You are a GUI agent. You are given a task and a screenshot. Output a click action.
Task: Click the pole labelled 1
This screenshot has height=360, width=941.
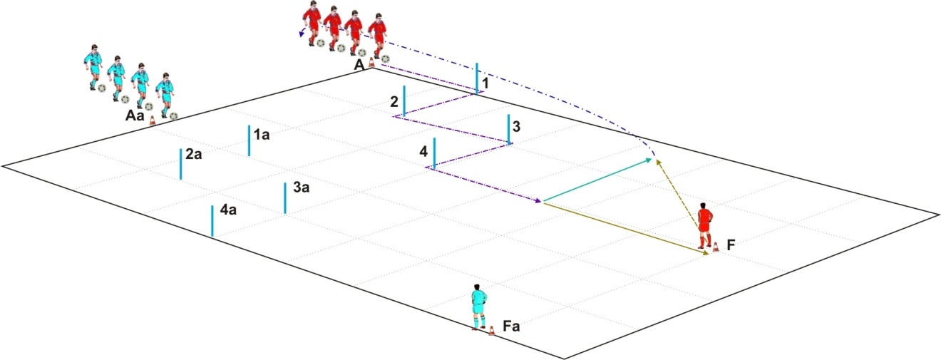477,78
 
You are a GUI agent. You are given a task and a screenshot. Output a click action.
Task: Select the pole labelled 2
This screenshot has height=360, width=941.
404,101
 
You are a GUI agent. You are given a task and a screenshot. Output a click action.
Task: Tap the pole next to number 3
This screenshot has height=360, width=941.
509,129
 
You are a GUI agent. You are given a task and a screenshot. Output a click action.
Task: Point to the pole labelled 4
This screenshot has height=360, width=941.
434,153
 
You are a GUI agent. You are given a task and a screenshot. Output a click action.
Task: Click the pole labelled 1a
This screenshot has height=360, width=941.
249,140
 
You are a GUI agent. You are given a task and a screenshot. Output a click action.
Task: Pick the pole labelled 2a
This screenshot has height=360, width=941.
181,164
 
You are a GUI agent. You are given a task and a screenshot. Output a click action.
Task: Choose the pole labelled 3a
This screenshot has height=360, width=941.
285,198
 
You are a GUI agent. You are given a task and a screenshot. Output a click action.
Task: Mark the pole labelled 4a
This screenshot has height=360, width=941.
212,221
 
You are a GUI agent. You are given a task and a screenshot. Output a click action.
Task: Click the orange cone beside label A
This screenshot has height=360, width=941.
371,63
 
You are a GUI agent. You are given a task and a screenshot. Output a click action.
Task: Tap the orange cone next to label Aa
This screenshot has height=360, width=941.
153,120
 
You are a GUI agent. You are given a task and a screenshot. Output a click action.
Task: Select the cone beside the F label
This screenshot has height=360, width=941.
716,247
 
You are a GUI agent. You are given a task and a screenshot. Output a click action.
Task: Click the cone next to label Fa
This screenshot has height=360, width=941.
491,331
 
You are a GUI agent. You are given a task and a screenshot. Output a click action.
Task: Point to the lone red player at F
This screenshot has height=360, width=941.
705,226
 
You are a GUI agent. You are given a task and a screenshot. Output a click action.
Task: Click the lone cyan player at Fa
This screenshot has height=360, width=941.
478,307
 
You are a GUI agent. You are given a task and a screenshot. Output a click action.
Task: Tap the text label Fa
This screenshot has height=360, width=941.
511,326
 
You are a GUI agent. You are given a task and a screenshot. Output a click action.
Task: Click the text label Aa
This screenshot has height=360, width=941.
135,115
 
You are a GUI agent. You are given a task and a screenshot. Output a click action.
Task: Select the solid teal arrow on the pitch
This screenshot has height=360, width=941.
598,180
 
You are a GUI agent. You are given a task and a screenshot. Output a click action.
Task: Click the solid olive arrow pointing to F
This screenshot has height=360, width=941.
626,229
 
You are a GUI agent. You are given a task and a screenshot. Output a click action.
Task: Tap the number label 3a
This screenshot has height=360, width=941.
302,187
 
